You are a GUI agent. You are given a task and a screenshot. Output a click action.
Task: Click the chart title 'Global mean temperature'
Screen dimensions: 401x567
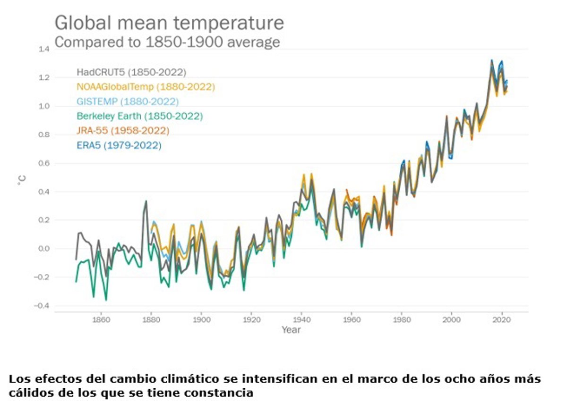tap(169, 23)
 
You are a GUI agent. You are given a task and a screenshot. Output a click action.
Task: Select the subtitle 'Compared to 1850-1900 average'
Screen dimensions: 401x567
tap(167, 42)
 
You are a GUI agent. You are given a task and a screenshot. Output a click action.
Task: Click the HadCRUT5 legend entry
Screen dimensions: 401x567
tap(131, 72)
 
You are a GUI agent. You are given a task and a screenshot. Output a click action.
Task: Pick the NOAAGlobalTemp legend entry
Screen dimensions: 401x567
tap(146, 87)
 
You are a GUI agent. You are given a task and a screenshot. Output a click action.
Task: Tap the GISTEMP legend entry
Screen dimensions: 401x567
tap(128, 101)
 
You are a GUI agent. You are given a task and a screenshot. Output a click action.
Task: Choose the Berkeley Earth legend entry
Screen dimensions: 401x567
tap(139, 116)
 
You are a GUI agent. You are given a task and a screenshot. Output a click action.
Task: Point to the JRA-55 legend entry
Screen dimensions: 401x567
tap(123, 131)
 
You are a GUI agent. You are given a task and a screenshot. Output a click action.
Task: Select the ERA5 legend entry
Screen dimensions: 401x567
tap(119, 145)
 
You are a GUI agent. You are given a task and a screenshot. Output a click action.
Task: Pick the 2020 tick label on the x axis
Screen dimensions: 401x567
tap(501, 318)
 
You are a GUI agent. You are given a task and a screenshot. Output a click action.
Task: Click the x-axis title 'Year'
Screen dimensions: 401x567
tap(291, 330)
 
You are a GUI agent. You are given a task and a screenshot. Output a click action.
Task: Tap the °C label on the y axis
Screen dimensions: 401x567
tap(22, 180)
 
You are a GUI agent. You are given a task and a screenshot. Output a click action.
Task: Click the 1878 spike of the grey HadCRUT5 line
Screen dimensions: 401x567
tap(146, 201)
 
